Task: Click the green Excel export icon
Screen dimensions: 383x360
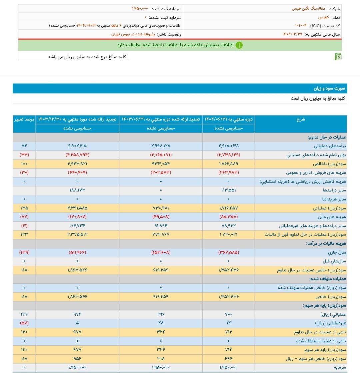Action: (x=338, y=57)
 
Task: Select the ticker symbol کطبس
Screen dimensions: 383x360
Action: (x=323, y=17)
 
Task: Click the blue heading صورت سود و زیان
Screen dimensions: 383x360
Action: (x=329, y=88)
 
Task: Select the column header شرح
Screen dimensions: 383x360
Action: (x=301, y=119)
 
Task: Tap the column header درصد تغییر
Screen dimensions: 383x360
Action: (x=24, y=119)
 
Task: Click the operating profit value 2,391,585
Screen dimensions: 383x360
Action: (x=77, y=208)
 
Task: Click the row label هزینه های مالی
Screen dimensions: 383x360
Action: (x=332, y=217)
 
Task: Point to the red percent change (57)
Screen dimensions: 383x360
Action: (x=24, y=323)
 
